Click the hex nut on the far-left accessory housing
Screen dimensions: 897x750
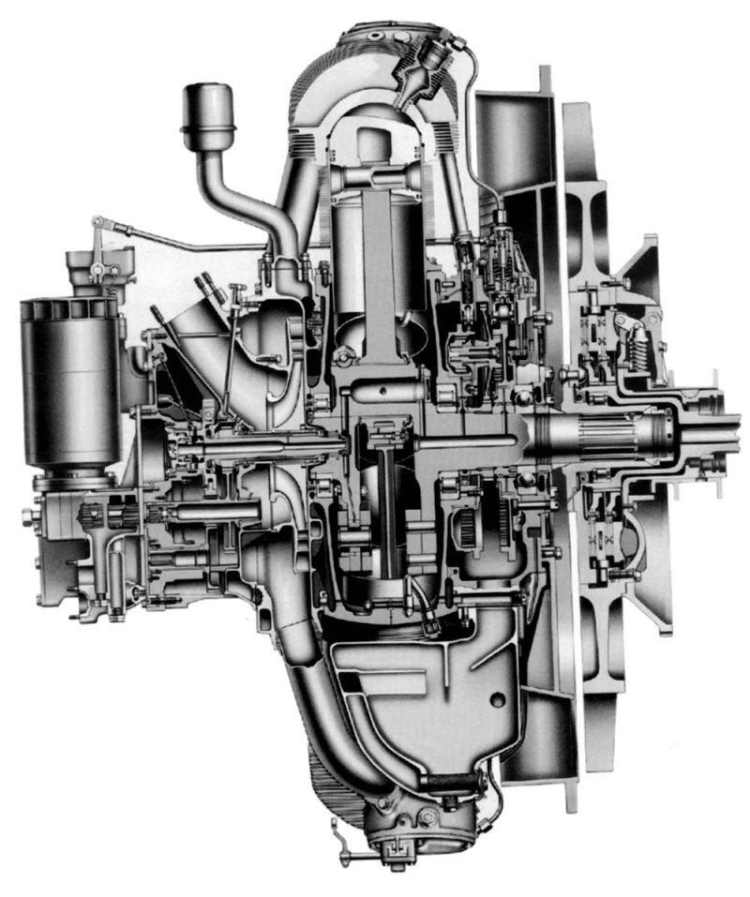(x=29, y=516)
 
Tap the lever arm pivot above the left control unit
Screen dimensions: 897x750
(x=96, y=221)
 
